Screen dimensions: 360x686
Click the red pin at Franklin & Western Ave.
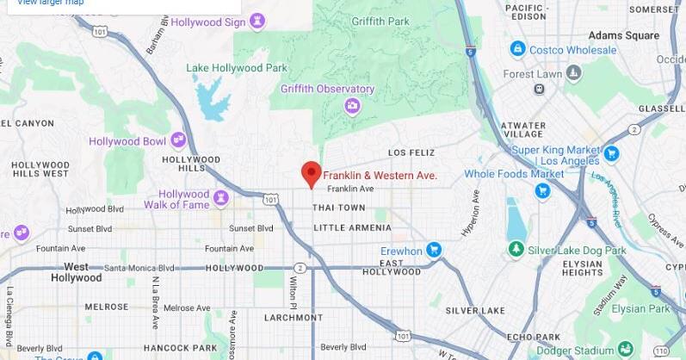[x=311, y=173]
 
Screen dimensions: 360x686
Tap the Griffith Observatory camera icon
[x=352, y=106]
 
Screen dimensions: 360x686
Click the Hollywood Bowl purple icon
[x=178, y=139]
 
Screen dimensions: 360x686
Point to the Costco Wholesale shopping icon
[x=517, y=49]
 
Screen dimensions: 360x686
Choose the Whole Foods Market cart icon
[x=542, y=190]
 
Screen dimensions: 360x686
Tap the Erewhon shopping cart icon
[x=435, y=251]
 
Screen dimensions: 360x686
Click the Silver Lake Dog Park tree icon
[x=516, y=250]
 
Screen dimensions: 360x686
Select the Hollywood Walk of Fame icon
[x=221, y=198]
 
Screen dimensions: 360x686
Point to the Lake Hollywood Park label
[x=237, y=68]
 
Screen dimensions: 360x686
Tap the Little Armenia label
[x=352, y=228]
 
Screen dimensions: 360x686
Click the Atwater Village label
[x=523, y=130]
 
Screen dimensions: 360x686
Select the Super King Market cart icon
[x=611, y=154]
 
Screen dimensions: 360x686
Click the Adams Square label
[x=623, y=36]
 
